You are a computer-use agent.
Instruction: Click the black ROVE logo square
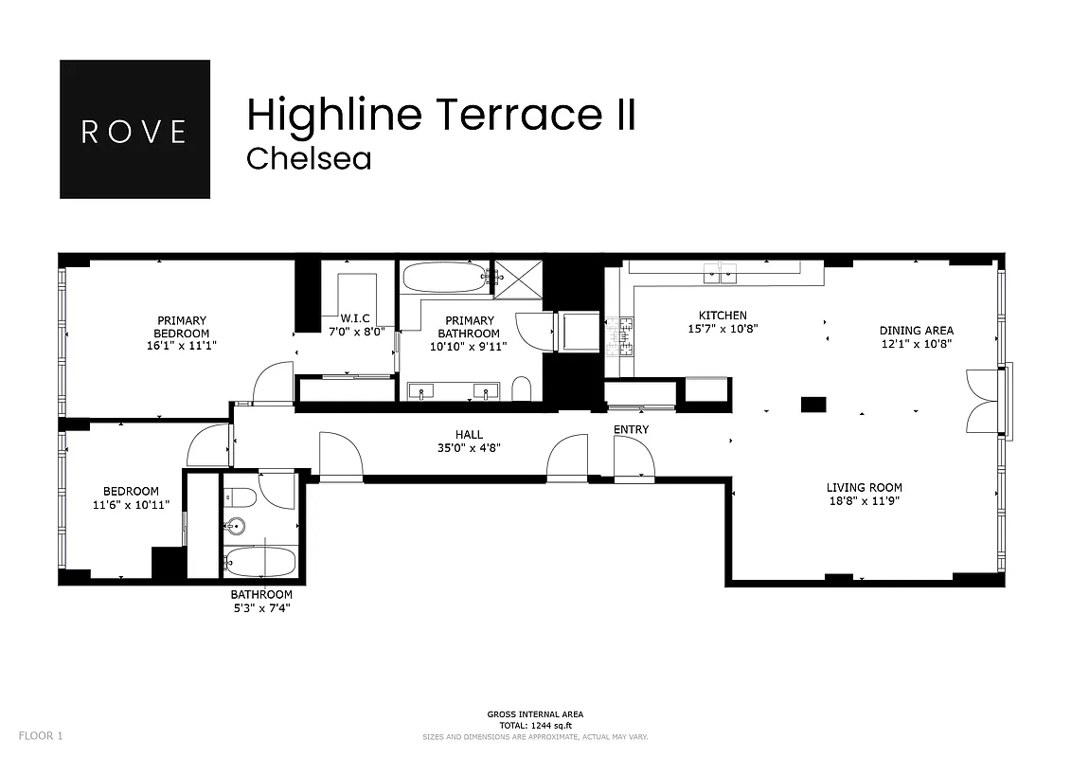coord(134,130)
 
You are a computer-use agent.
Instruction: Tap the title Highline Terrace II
coord(440,115)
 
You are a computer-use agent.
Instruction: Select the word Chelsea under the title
coord(309,158)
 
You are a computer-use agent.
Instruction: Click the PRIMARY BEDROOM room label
coord(182,327)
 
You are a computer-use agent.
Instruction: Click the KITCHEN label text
coord(723,316)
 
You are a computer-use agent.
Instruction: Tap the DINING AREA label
coord(916,331)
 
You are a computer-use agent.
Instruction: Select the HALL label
coord(469,435)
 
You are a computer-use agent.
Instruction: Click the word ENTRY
coord(632,430)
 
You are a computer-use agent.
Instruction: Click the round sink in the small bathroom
coord(236,527)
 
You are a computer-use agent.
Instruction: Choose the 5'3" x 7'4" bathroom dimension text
coord(261,608)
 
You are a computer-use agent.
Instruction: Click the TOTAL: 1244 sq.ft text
coord(535,725)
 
